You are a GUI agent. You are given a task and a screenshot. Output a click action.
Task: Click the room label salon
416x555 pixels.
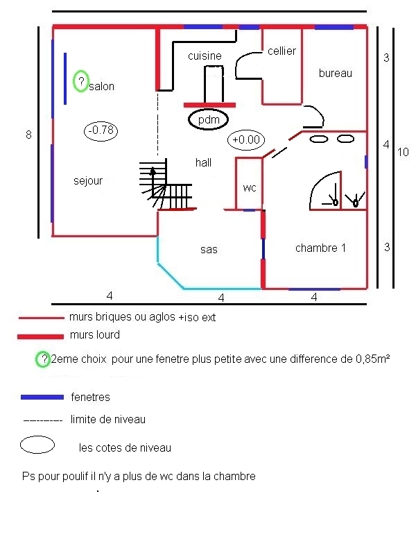(101, 87)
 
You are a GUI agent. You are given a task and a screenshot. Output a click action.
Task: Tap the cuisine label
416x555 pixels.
(205, 55)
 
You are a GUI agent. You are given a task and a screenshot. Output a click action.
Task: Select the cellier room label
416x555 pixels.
(281, 51)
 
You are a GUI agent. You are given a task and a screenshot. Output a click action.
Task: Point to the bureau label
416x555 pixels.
(336, 73)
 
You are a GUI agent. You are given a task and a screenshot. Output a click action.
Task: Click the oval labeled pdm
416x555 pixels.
(209, 120)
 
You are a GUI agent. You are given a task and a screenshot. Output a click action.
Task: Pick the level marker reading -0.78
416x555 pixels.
(101, 130)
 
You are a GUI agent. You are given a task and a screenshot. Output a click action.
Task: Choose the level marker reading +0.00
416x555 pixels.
(246, 139)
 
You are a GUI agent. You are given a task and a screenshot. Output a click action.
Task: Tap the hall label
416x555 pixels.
(203, 162)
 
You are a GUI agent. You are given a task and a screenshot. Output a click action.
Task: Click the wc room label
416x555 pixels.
(250, 188)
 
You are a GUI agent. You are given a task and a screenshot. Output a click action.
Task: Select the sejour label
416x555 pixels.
(88, 181)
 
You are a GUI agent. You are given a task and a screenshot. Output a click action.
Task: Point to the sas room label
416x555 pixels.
(209, 249)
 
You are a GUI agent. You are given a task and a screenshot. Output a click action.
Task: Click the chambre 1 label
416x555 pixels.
(320, 248)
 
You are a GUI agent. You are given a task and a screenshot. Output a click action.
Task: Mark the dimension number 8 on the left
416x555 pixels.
(28, 135)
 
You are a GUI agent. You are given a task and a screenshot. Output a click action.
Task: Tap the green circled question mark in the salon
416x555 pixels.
(81, 82)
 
